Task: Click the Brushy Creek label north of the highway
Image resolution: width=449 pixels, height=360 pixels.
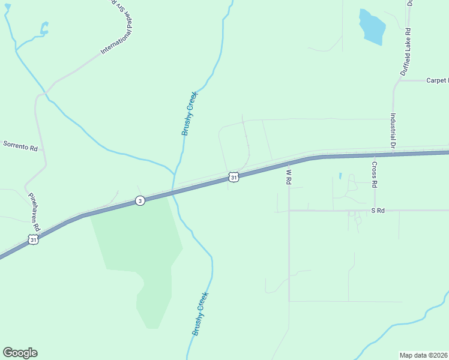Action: [x=190, y=113]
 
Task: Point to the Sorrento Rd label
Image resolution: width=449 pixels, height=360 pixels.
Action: [x=21, y=145]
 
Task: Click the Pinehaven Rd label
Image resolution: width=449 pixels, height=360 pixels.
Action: [x=34, y=212]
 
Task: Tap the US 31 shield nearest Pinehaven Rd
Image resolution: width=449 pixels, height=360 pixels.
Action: [x=34, y=240]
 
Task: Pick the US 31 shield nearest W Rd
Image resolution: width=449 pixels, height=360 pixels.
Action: [x=234, y=177]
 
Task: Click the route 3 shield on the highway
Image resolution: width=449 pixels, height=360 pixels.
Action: [x=140, y=200]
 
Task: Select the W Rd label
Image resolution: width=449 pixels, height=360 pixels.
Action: [x=289, y=176]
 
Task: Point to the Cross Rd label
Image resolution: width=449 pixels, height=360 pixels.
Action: [x=374, y=172]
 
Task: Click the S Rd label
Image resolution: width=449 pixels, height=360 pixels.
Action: [x=377, y=211]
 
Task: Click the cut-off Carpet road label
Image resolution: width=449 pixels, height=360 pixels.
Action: [x=437, y=80]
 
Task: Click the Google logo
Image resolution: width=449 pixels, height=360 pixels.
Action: [x=20, y=353]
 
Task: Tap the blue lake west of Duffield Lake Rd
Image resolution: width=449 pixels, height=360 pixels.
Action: [x=371, y=28]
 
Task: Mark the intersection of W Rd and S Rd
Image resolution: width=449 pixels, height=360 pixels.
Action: [x=289, y=211]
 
